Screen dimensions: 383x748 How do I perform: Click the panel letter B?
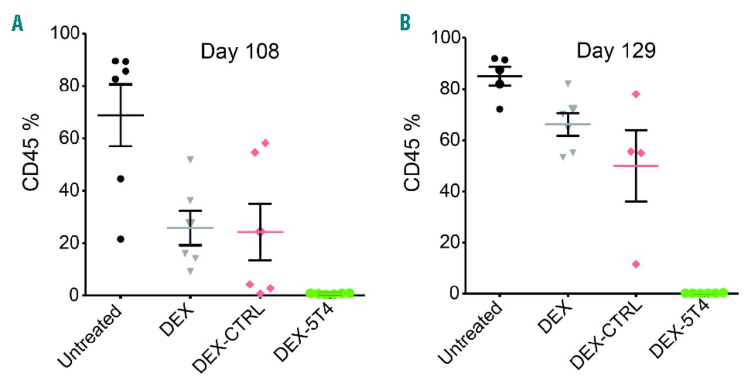tap(404, 23)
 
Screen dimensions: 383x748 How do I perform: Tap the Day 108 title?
tap(240, 51)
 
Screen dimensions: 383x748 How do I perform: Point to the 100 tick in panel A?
tap(66, 33)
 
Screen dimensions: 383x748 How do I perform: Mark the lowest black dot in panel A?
tap(120, 239)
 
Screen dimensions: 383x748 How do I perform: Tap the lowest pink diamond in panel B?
tap(636, 264)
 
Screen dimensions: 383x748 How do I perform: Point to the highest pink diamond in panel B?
tap(636, 94)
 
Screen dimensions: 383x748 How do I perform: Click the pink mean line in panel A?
tap(260, 232)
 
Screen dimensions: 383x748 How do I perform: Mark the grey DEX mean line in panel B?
tap(567, 124)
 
